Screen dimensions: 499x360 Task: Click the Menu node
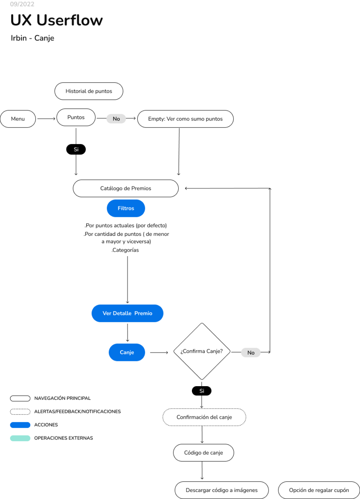[x=18, y=119]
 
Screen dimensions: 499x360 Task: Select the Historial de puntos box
[x=89, y=91]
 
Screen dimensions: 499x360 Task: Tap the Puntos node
[x=76, y=117]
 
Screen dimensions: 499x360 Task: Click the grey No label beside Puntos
[x=116, y=119]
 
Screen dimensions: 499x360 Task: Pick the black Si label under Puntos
[x=76, y=149]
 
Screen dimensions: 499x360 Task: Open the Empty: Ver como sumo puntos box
[x=185, y=119]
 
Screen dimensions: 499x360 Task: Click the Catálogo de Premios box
[x=126, y=189]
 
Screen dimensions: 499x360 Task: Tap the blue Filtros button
[x=126, y=208]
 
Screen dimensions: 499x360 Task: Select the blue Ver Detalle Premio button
[x=127, y=313]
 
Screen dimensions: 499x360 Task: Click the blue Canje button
[x=127, y=352]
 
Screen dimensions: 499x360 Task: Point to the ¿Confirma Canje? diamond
[x=202, y=351]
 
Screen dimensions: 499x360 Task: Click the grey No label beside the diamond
[x=251, y=353]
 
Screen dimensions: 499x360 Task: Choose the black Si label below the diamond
[x=202, y=391]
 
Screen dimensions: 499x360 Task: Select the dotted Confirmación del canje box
[x=204, y=417]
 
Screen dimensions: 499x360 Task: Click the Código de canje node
[x=203, y=453]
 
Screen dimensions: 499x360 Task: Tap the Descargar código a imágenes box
[x=222, y=490]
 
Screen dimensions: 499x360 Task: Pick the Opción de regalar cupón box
[x=319, y=490]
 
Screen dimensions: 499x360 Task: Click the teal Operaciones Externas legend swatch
[x=20, y=438]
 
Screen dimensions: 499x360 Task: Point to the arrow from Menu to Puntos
[x=46, y=119]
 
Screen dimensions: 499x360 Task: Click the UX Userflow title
[x=57, y=20]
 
